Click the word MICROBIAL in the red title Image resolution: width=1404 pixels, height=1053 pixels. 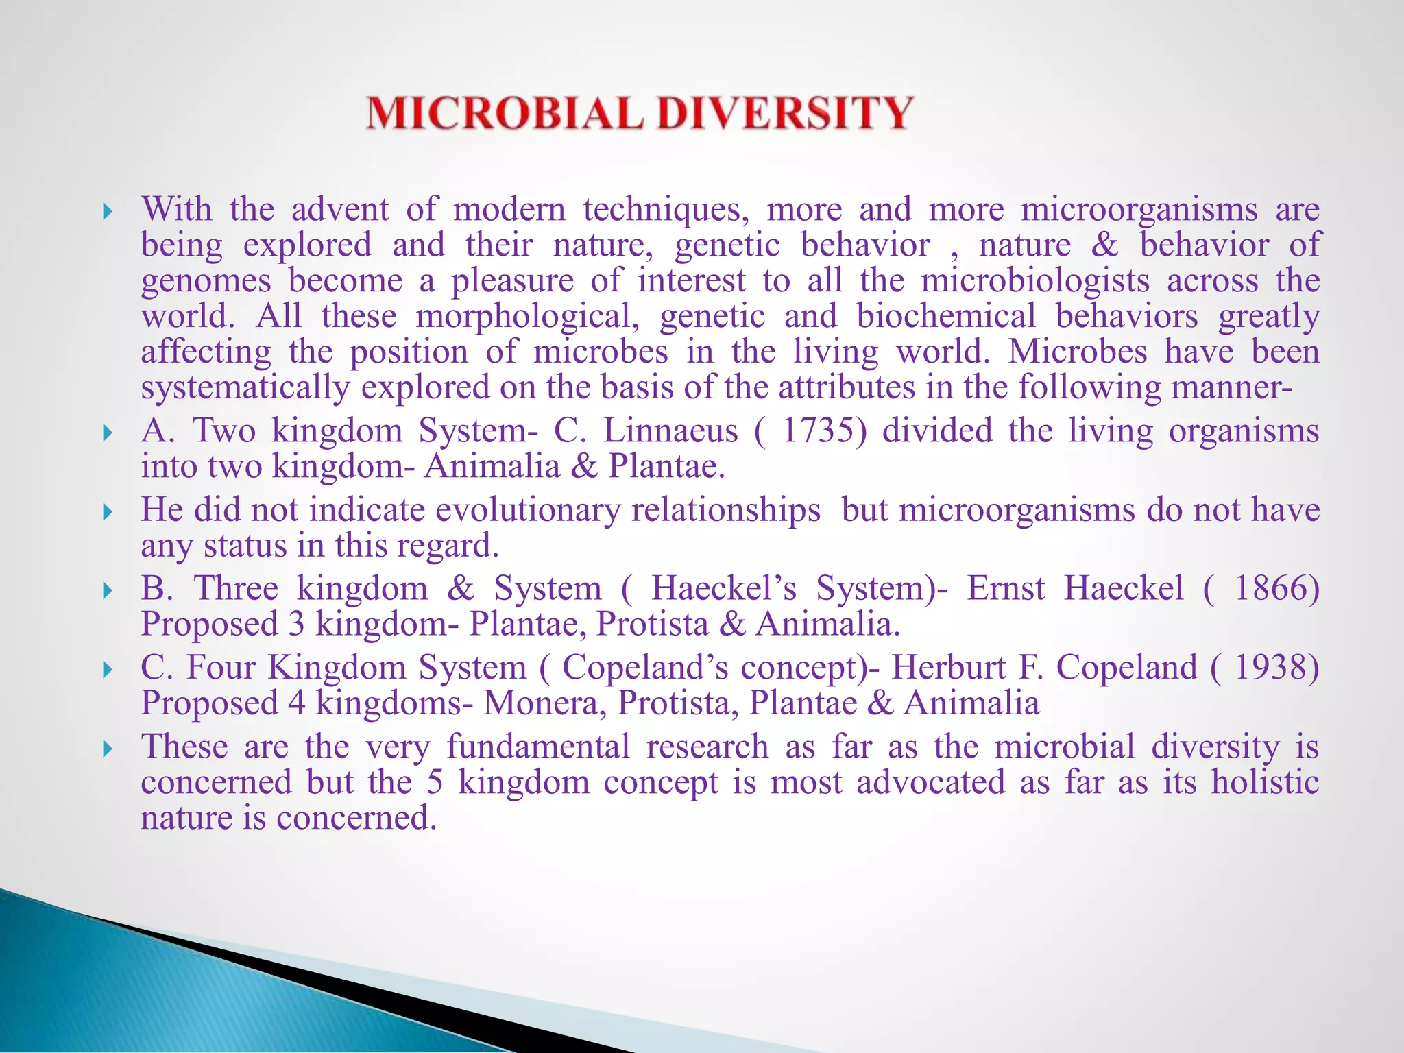click(505, 113)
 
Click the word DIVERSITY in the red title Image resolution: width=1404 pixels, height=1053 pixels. click(786, 113)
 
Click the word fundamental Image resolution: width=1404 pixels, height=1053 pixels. click(538, 746)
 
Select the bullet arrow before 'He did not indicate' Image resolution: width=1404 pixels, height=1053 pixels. click(106, 512)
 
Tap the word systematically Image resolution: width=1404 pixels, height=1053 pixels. click(245, 388)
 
